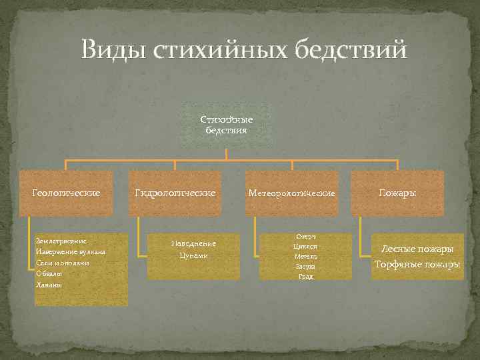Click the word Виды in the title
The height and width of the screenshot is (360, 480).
tap(113, 50)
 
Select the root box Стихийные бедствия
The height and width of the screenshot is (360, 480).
tap(227, 125)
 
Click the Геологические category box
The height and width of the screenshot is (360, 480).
tap(67, 193)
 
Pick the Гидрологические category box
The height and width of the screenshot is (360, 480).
tap(175, 193)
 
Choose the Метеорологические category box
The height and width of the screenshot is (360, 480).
tap(291, 193)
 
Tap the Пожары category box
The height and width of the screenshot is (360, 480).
tap(397, 193)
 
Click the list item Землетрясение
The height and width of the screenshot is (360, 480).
tap(62, 240)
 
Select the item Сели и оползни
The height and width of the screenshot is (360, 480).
tap(63, 263)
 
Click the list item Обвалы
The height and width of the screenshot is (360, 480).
tap(49, 273)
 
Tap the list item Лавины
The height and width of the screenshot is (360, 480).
tap(49, 285)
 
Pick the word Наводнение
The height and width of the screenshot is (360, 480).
tap(193, 243)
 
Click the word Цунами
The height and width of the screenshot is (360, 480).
tap(193, 255)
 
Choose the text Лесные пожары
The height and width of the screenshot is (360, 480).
tap(417, 249)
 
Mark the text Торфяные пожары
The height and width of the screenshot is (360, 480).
tap(417, 265)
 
